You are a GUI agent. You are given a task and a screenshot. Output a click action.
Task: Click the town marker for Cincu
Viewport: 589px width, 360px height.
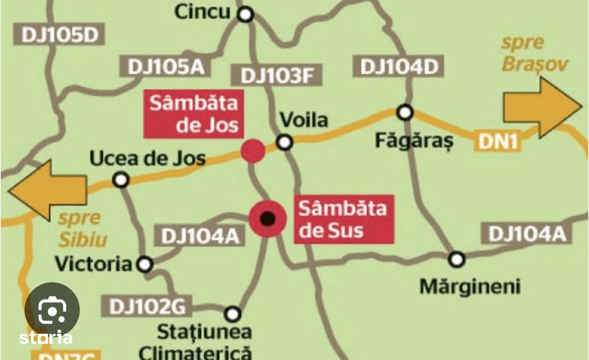pos(246,15)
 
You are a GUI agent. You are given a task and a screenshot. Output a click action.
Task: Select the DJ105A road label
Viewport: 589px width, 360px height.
pos(165,66)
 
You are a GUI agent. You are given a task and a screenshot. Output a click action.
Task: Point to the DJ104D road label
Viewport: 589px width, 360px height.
pos(398,66)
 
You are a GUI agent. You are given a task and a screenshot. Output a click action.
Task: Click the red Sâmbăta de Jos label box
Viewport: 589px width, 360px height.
pos(193,114)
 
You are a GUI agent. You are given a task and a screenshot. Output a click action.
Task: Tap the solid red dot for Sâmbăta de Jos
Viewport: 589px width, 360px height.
pos(253,151)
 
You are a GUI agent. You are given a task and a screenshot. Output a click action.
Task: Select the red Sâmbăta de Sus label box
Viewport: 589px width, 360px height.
pos(344,219)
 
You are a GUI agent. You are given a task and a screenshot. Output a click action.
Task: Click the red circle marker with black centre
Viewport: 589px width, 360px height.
pos(267,218)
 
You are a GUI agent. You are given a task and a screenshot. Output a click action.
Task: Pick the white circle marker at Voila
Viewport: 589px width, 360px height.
pos(285,142)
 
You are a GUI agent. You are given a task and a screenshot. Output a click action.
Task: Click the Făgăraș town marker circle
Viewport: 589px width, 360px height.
pos(405,112)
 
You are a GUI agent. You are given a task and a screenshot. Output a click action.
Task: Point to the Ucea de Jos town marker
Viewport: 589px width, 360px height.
pos(121,180)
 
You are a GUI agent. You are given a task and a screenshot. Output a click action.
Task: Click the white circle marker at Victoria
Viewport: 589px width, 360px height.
pos(145,264)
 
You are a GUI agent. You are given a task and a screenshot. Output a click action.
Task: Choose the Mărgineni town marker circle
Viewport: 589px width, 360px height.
pos(456,259)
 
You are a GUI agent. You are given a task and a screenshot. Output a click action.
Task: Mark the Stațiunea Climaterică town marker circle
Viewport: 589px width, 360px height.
pos(233,314)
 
